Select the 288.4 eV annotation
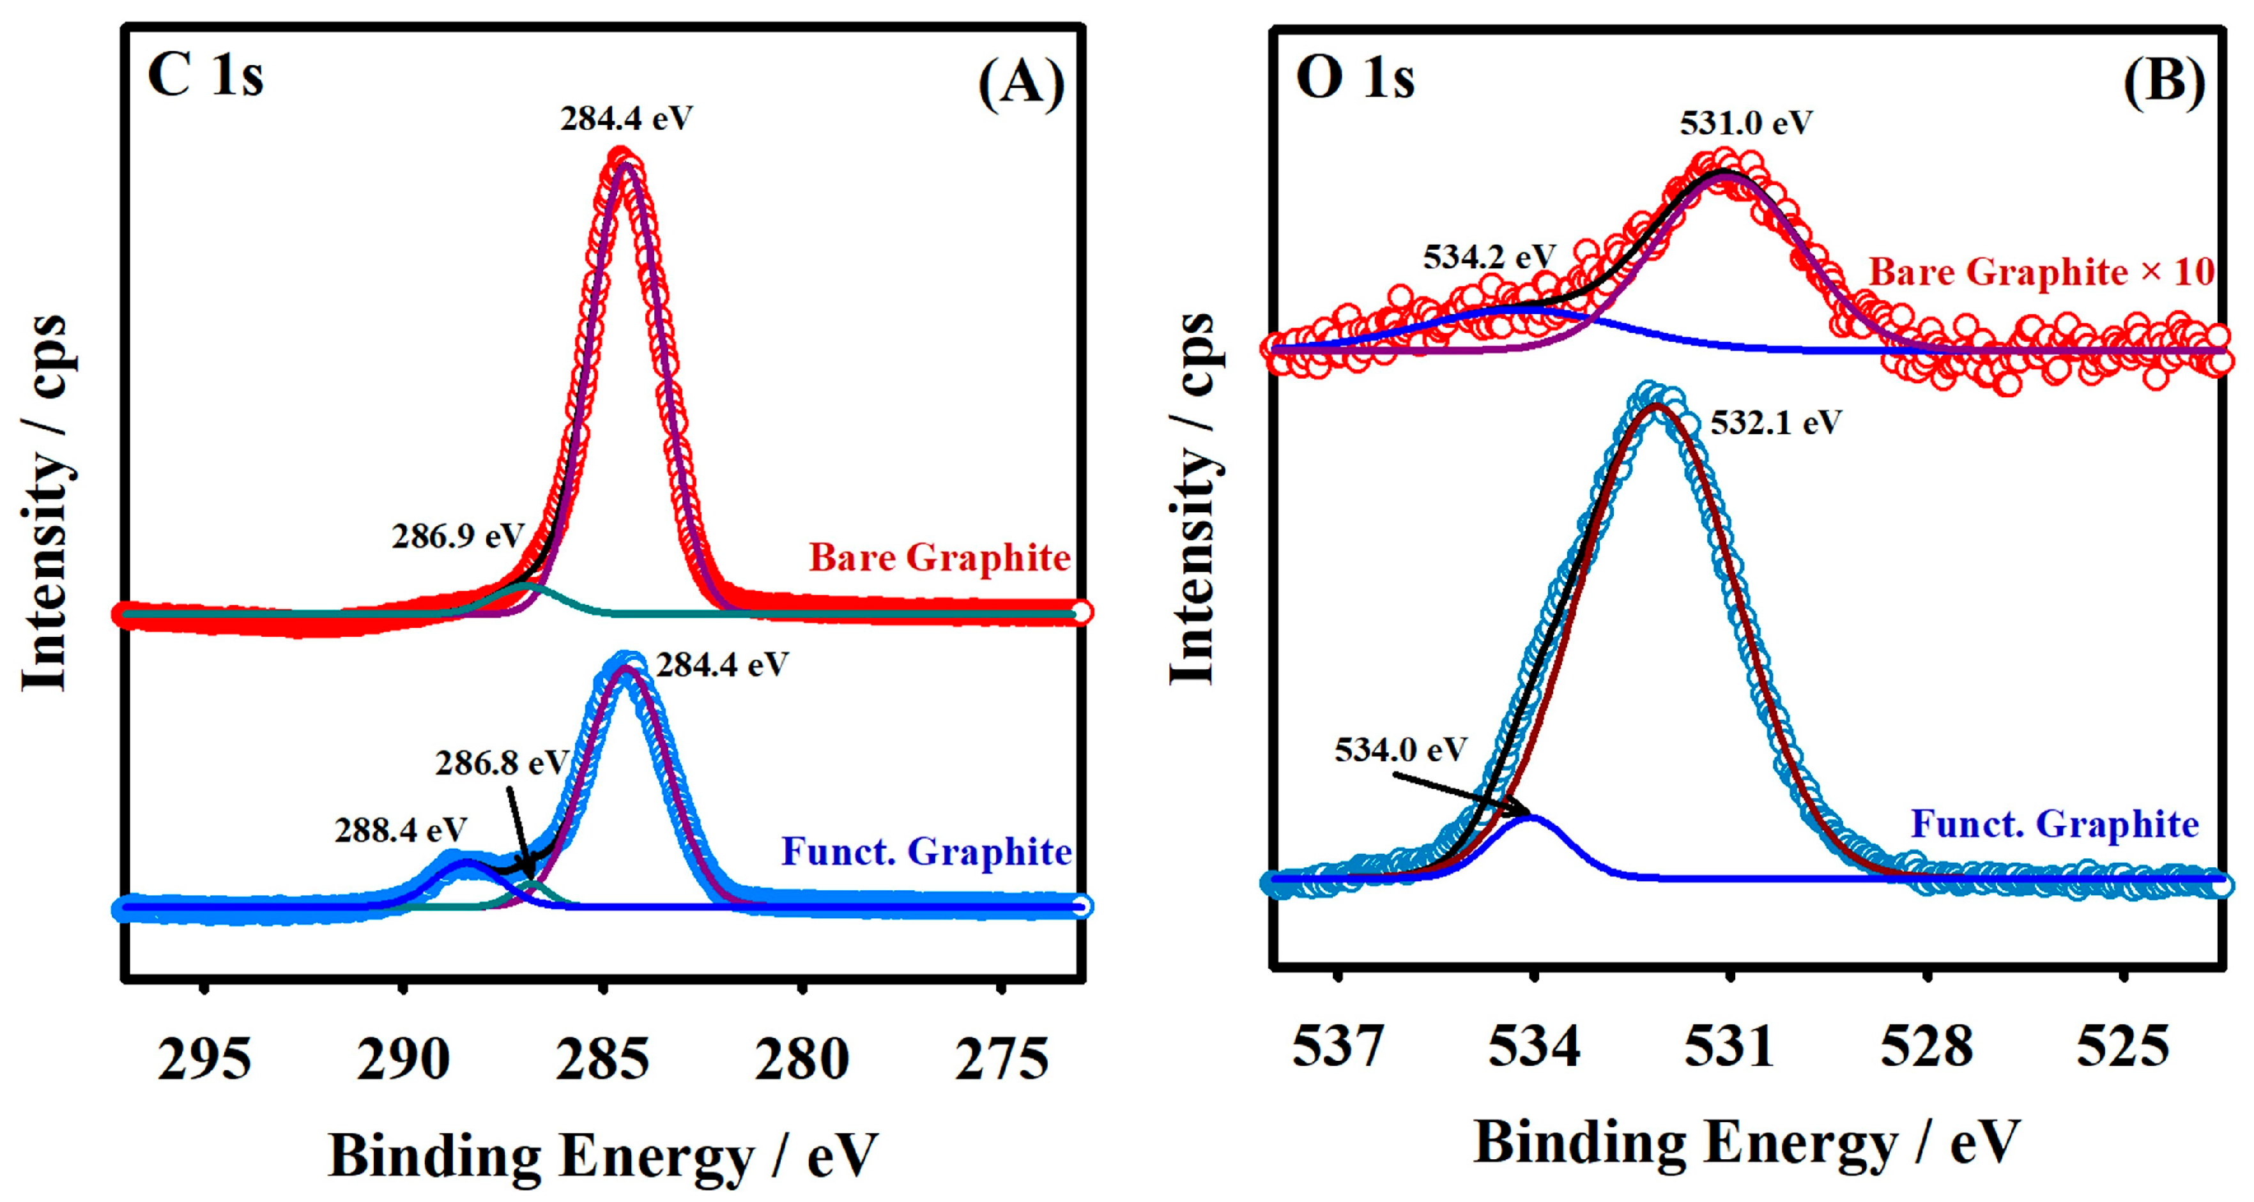[401, 829]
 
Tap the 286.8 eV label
[502, 763]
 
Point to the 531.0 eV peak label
[1745, 123]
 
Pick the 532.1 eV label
[1775, 423]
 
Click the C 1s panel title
[206, 75]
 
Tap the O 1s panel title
[1354, 78]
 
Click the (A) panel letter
[1021, 85]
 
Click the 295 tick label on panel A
[204, 1060]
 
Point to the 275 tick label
[1001, 1060]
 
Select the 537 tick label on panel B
[1338, 1046]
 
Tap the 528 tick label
[1927, 1046]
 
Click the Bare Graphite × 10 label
[2041, 272]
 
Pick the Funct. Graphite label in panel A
[926, 851]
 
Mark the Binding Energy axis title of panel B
[1747, 1143]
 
